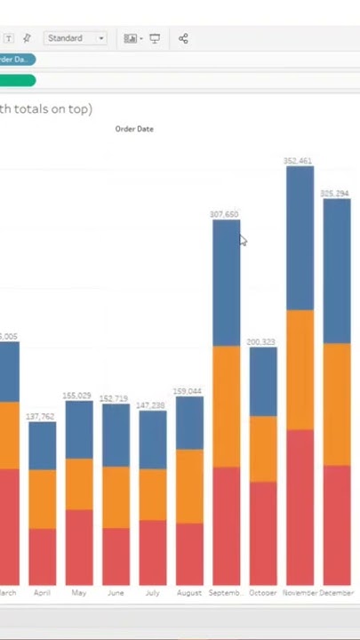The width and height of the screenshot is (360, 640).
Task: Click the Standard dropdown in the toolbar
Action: click(76, 38)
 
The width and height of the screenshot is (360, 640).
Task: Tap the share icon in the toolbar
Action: click(183, 38)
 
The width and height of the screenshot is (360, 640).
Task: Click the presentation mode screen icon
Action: click(155, 38)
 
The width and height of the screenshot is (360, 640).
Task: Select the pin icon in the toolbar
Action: click(27, 38)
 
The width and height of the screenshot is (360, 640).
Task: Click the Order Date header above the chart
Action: click(134, 129)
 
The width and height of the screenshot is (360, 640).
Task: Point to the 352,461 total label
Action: click(298, 161)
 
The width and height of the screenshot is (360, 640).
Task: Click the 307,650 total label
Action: click(224, 214)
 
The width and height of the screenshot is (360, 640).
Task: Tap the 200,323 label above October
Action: click(261, 342)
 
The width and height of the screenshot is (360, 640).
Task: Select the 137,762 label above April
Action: click(40, 416)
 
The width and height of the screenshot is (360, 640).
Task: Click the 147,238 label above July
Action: click(150, 405)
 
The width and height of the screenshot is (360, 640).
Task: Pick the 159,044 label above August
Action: click(188, 391)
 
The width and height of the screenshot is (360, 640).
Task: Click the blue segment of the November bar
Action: click(300, 238)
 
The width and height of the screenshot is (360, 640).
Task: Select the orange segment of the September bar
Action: click(226, 405)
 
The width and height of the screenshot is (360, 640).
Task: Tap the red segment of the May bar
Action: click(78, 546)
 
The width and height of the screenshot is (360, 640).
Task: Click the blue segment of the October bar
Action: click(262, 381)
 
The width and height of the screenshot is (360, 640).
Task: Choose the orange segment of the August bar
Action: click(188, 485)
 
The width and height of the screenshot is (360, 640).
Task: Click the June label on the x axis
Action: click(116, 593)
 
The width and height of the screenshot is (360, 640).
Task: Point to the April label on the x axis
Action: click(42, 593)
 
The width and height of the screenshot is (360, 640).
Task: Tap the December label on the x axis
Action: click(336, 593)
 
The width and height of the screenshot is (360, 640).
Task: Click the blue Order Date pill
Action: click(15, 60)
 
